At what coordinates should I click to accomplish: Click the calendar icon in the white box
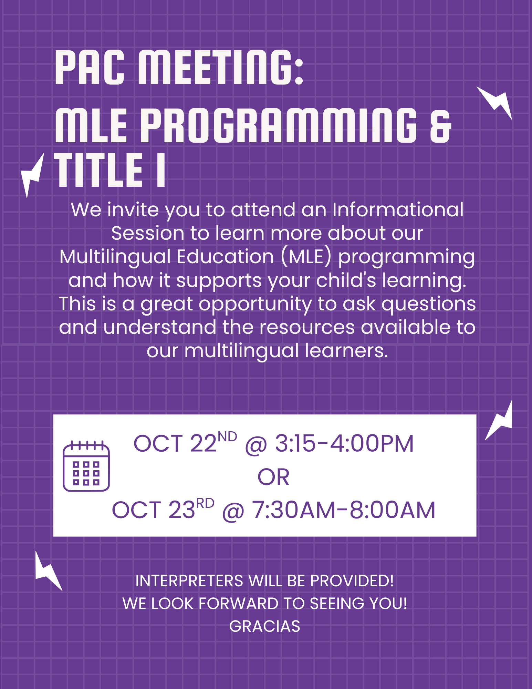86,466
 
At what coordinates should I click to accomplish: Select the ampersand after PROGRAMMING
440,126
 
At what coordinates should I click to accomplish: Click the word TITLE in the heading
98,170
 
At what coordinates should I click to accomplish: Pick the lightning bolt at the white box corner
500,420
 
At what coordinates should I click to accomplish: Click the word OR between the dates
273,477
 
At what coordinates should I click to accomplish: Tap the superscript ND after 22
227,437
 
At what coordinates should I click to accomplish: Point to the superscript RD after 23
205,503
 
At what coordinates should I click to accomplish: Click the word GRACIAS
264,626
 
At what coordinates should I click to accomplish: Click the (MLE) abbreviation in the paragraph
306,257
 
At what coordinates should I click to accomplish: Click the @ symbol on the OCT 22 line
255,445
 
